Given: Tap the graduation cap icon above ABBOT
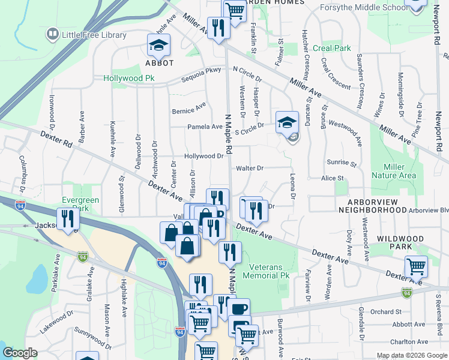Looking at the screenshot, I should [x=158, y=46].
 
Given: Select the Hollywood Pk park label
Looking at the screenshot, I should [x=129, y=79].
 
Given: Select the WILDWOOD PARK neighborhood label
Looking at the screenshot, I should [x=400, y=242].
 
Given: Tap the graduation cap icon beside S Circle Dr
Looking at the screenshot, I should [x=287, y=123].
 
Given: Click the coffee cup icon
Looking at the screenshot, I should [x=239, y=310].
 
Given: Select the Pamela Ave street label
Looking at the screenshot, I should [x=205, y=127].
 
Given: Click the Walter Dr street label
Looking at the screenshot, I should [x=250, y=169].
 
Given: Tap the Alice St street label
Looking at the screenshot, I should [x=332, y=178].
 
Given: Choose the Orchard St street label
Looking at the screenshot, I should [x=385, y=312].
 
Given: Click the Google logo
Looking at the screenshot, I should [x=20, y=353].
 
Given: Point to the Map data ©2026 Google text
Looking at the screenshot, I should [x=411, y=355].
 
